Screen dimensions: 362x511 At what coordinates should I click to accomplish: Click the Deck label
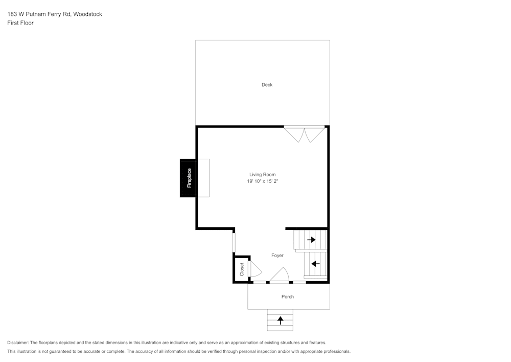point(267,84)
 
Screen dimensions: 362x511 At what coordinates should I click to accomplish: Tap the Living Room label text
point(262,175)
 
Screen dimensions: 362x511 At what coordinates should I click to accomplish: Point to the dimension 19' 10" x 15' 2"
point(262,181)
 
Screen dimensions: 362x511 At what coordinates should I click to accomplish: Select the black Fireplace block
point(188,178)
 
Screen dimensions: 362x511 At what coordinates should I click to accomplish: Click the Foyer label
point(277,255)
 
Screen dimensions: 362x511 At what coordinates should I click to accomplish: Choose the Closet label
point(242,269)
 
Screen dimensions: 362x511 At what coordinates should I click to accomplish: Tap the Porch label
point(288,296)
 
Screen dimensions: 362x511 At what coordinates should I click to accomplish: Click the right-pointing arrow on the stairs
point(311,240)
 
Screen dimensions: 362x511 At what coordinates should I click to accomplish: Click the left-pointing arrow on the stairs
point(315,264)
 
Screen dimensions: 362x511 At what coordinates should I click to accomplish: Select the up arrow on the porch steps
point(280,321)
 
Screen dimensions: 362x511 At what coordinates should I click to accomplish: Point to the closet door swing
point(255,269)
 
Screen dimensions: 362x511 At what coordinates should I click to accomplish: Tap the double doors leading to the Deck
point(305,134)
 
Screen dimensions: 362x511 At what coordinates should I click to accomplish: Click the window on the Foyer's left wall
point(234,242)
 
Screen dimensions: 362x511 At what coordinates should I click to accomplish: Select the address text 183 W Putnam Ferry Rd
point(39,14)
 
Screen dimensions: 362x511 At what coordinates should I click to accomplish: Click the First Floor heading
point(20,23)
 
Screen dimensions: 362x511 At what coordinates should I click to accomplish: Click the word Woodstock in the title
point(87,14)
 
